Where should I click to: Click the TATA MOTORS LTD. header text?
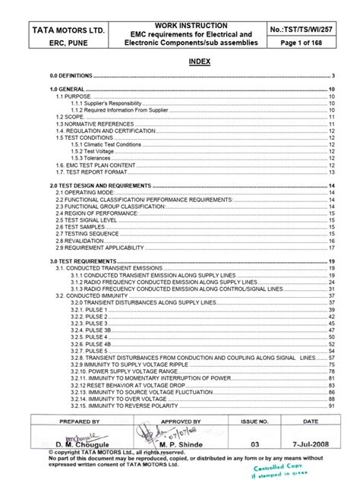tap(65, 30)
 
